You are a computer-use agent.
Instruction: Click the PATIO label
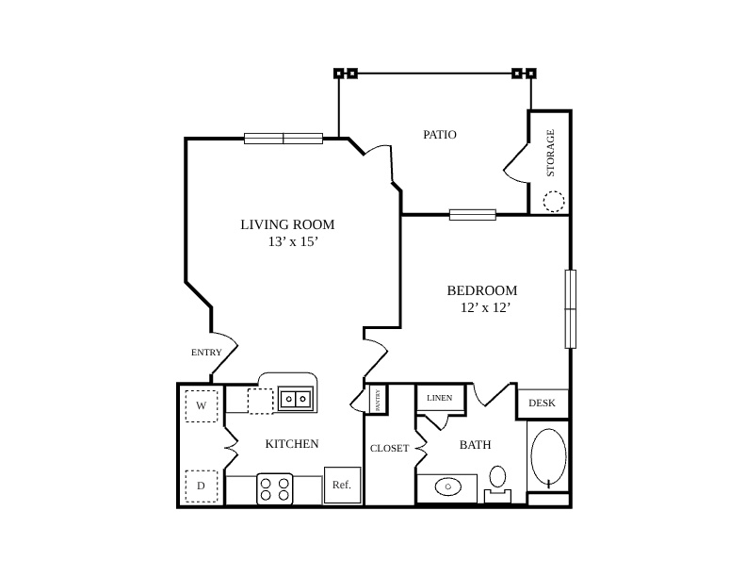[x=440, y=135]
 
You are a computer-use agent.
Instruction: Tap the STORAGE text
[x=550, y=153]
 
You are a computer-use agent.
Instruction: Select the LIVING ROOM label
[x=287, y=224]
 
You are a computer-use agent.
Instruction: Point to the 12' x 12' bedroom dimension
[x=485, y=307]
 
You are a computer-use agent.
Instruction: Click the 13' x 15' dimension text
[x=293, y=242]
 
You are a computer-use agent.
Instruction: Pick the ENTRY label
[x=206, y=353]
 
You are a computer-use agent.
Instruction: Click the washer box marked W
[x=202, y=406]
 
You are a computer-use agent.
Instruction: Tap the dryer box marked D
[x=202, y=486]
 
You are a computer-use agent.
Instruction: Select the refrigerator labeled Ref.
[x=342, y=486]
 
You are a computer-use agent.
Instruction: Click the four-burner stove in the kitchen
[x=275, y=489]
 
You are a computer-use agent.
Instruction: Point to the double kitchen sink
[x=296, y=399]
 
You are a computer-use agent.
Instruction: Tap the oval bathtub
[x=548, y=456]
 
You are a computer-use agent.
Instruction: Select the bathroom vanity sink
[x=447, y=487]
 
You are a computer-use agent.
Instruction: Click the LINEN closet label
[x=440, y=398]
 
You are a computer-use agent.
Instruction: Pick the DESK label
[x=542, y=404]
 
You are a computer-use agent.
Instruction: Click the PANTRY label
[x=378, y=401]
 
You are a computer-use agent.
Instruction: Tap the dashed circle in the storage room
[x=554, y=201]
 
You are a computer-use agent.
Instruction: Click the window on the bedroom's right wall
[x=571, y=309]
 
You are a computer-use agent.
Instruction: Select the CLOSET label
[x=390, y=449]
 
